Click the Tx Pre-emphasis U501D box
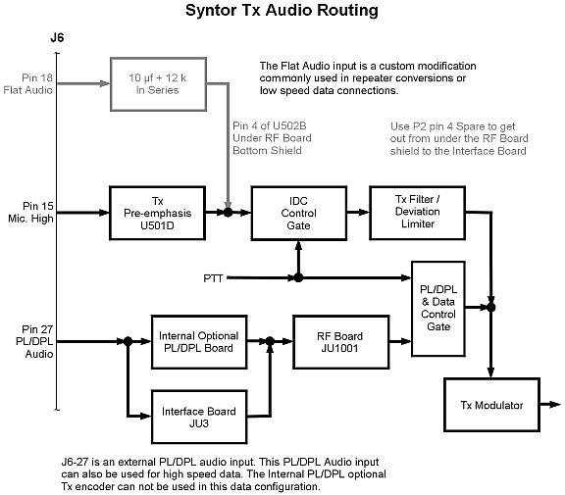pyautogui.click(x=158, y=213)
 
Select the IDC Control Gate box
pyautogui.click(x=299, y=213)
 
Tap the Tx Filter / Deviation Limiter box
pyautogui.click(x=417, y=213)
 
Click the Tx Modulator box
pyautogui.click(x=491, y=405)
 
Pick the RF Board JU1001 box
pyautogui.click(x=340, y=342)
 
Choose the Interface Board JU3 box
pyautogui.click(x=199, y=417)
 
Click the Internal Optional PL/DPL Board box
pyautogui.click(x=199, y=342)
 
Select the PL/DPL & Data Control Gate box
pyautogui.click(x=438, y=309)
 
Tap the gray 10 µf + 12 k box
pyautogui.click(x=158, y=84)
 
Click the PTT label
pyautogui.click(x=213, y=278)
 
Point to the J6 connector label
pyautogui.click(x=57, y=37)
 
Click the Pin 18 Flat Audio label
pyautogui.click(x=28, y=84)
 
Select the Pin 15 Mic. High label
pyautogui.click(x=31, y=212)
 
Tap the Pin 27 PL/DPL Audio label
pyautogui.click(x=34, y=341)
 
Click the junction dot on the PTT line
pyautogui.click(x=298, y=277)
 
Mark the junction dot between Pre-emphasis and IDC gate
pyautogui.click(x=228, y=213)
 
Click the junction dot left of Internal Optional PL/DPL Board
pyautogui.click(x=128, y=341)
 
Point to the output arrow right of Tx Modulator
pyautogui.click(x=550, y=405)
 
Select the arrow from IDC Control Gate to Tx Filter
pyautogui.click(x=358, y=213)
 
